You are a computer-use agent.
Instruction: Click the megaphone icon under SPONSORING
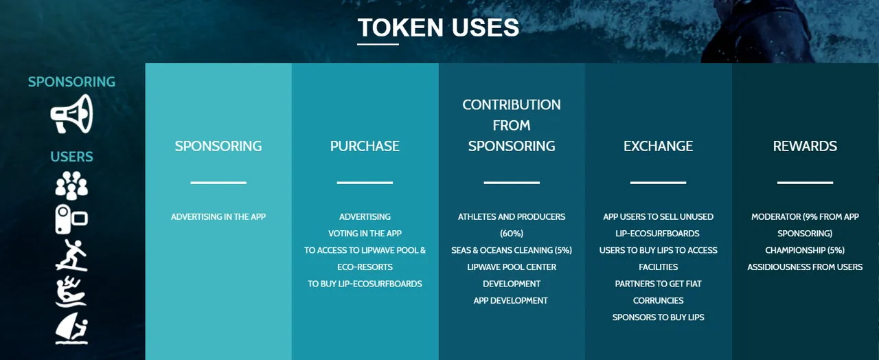tap(71, 114)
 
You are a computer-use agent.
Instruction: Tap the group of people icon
tap(71, 185)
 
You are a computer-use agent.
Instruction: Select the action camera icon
tap(71, 219)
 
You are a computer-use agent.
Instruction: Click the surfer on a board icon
tap(71, 255)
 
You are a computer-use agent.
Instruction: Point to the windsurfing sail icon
tap(71, 328)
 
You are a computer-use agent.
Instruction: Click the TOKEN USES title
tap(438, 27)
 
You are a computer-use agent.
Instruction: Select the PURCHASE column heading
tap(365, 146)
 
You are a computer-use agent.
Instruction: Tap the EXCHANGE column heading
tap(658, 146)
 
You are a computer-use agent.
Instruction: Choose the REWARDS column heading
tap(805, 146)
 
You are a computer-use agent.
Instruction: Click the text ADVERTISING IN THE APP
tap(218, 216)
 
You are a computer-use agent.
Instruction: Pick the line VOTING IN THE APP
tap(365, 234)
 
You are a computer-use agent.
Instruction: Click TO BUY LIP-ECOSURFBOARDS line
tap(365, 284)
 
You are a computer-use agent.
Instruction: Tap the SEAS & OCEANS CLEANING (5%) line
tap(512, 250)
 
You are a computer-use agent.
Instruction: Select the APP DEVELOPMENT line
tap(510, 301)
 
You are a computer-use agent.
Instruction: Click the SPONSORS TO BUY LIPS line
tap(659, 317)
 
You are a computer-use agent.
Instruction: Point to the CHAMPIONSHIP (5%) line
tap(805, 250)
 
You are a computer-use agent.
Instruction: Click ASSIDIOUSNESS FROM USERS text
tap(805, 267)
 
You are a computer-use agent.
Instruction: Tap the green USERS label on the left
tap(71, 157)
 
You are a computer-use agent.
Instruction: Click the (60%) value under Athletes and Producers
tap(512, 234)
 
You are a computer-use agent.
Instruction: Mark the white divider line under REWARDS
tap(805, 183)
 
